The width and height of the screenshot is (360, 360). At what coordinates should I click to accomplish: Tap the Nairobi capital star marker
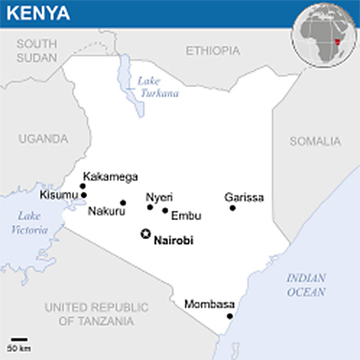145,234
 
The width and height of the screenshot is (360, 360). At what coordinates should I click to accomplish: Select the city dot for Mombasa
230,316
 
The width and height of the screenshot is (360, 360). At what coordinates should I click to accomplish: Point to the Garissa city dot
232,208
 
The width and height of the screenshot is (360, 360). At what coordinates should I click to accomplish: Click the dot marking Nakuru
123,203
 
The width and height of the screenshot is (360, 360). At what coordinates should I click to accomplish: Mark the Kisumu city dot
83,195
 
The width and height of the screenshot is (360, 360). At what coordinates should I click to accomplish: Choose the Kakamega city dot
83,186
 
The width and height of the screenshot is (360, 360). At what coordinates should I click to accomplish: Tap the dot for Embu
165,210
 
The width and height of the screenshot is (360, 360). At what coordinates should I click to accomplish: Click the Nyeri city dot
150,207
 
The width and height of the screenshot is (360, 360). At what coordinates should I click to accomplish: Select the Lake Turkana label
157,86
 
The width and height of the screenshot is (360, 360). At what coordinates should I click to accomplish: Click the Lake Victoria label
29,223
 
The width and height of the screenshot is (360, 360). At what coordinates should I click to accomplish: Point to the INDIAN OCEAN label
306,285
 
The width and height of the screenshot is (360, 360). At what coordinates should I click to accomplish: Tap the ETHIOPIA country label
212,51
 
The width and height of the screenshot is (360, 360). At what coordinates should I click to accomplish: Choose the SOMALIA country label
316,142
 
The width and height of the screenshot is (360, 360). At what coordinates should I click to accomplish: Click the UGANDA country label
43,139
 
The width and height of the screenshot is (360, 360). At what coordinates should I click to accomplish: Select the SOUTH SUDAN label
37,50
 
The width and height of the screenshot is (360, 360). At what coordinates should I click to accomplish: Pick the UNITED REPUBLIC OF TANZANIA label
96,314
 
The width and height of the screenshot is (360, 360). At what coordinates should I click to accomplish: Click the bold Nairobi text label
174,241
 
